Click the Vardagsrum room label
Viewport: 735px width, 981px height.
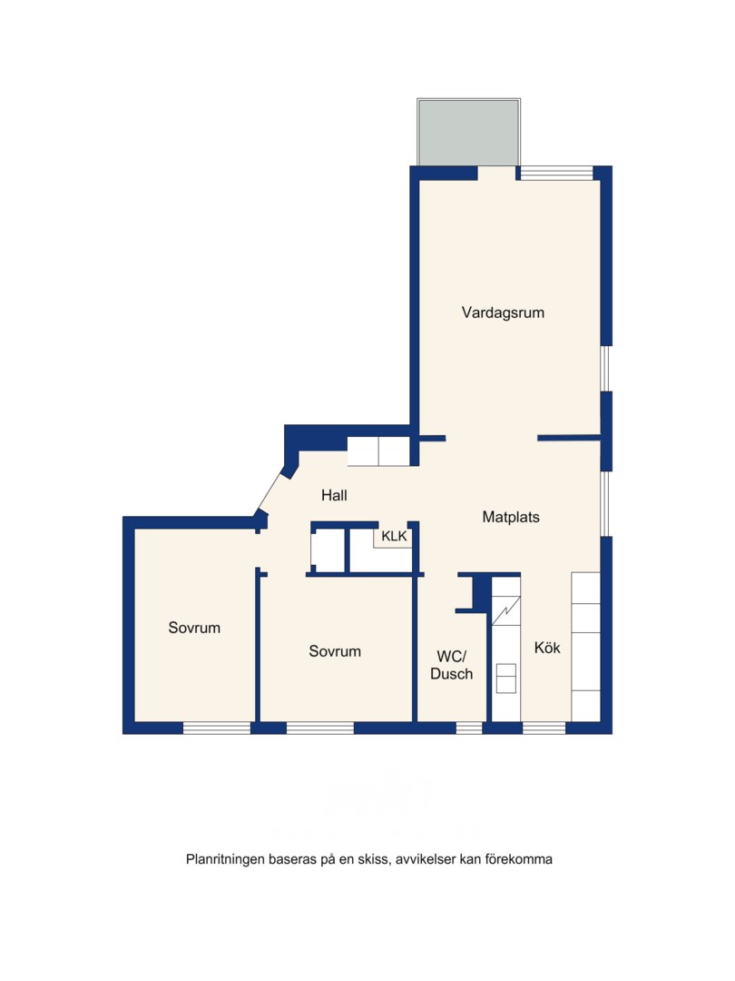click(x=503, y=312)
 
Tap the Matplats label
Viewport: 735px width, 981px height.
click(x=511, y=518)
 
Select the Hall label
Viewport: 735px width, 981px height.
click(x=334, y=496)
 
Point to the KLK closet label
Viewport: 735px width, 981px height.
click(x=394, y=536)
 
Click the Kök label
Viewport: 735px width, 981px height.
click(x=547, y=648)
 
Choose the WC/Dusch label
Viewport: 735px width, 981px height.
click(x=451, y=665)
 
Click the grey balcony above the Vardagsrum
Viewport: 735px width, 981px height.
click(x=468, y=132)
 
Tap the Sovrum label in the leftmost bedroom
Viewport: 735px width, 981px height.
click(x=194, y=628)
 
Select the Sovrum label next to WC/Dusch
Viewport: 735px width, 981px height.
click(x=335, y=651)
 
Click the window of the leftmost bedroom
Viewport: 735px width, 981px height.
click(x=217, y=728)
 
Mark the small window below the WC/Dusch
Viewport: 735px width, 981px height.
click(x=469, y=728)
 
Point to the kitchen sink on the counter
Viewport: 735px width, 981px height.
click(x=505, y=679)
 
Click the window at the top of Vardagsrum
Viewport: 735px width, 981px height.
click(x=556, y=173)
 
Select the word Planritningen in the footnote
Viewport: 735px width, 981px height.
click(x=225, y=859)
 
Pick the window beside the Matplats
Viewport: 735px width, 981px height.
click(x=605, y=503)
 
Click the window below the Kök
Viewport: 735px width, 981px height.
click(x=544, y=728)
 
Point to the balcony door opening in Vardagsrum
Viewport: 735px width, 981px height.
click(x=497, y=173)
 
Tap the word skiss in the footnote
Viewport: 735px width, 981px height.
click(x=374, y=859)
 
